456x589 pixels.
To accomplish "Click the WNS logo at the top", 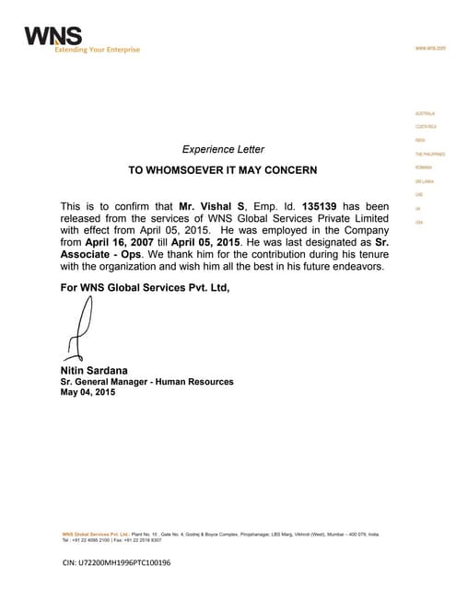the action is tap(53, 36).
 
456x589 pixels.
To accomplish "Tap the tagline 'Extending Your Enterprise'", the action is tap(82, 49).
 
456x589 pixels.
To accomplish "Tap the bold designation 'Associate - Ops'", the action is tap(99, 254).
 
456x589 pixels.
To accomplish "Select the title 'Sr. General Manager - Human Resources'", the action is tap(146, 382).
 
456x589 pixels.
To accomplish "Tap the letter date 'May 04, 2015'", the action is tap(88, 393).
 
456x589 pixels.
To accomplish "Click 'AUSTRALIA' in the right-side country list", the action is tap(426, 113).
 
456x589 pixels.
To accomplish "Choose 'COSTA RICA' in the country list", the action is tap(426, 126).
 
